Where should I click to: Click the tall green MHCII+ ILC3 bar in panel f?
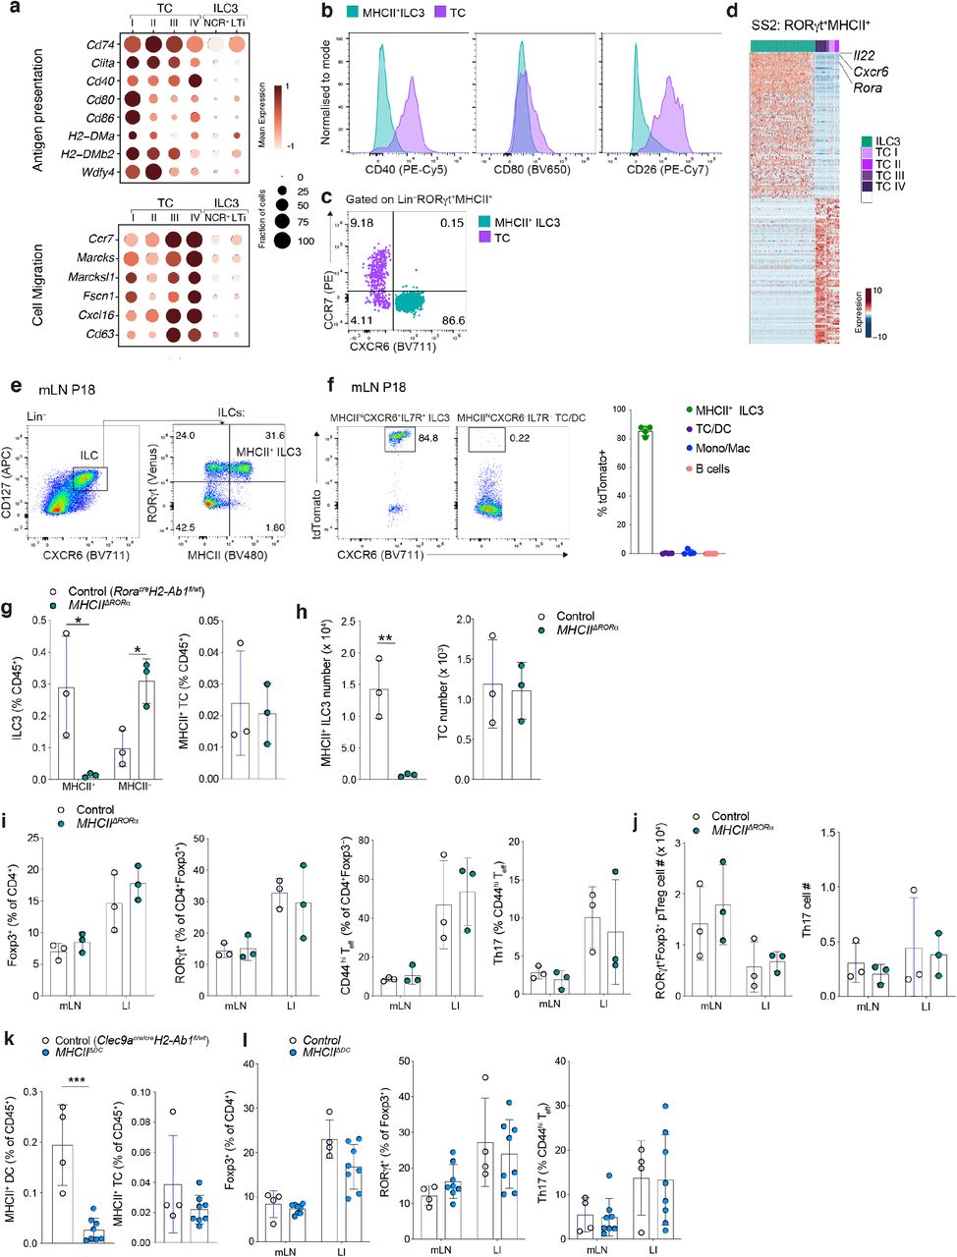pyautogui.click(x=645, y=490)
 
